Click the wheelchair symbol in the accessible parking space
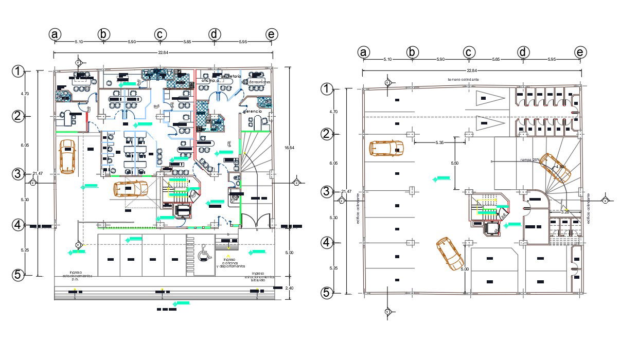[x=203, y=253]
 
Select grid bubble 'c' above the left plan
[x=160, y=34]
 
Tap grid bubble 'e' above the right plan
[x=580, y=52]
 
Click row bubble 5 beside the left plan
[x=18, y=275]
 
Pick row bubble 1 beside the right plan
[x=327, y=89]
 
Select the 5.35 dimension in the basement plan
[x=439, y=142]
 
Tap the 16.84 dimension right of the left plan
[x=290, y=148]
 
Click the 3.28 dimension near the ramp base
[x=564, y=211]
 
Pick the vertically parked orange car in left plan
[x=67, y=156]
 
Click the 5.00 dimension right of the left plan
[x=290, y=253]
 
